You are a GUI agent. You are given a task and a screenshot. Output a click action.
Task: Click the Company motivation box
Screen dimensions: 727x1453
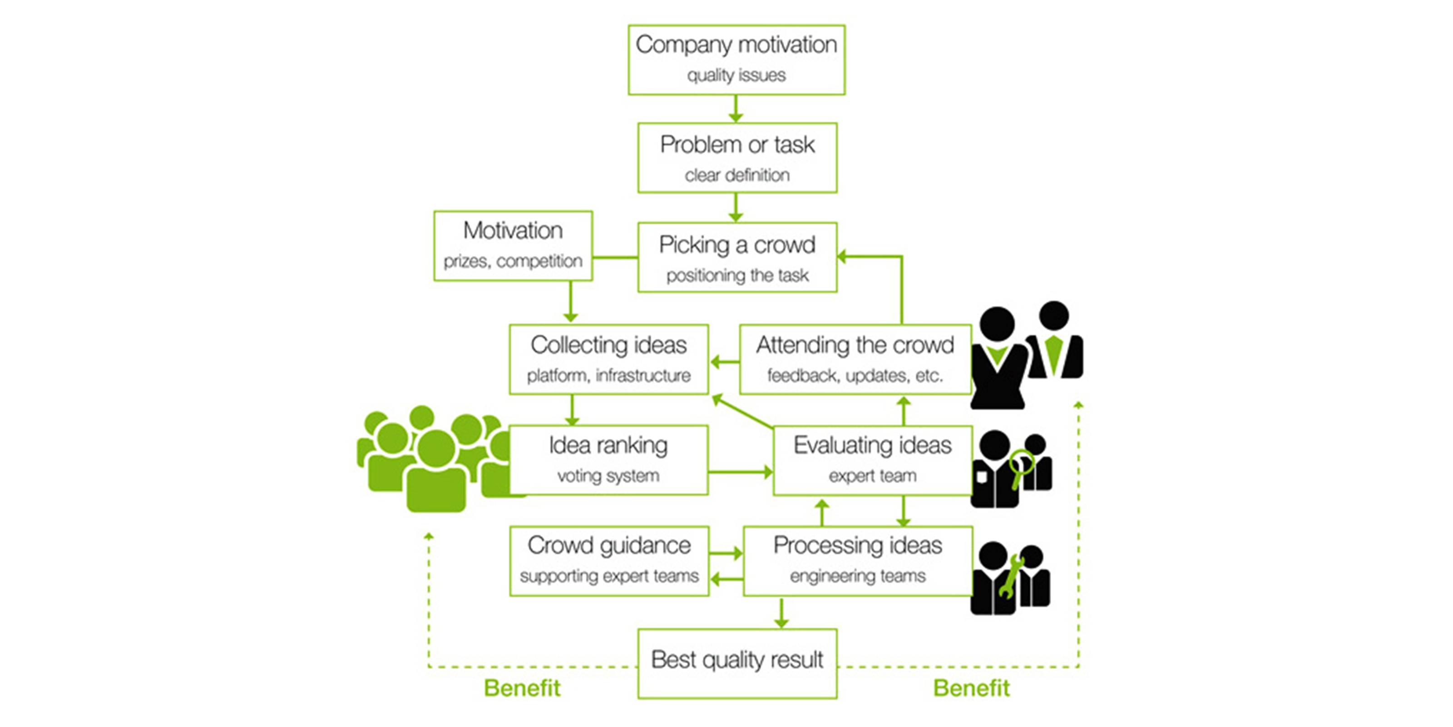[x=736, y=59]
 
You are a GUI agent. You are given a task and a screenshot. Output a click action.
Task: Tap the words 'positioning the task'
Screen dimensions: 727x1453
[x=737, y=275]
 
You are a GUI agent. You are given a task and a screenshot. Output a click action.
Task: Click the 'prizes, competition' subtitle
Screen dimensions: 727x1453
[x=513, y=261]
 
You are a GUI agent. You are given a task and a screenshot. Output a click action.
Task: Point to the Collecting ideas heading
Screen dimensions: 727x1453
[x=608, y=345]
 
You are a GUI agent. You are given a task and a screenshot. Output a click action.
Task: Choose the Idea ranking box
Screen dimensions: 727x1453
[x=608, y=460]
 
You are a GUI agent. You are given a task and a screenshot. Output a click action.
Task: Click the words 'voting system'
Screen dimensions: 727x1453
[x=608, y=476]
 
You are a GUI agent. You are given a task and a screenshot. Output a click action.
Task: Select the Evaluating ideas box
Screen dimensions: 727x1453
[x=872, y=460]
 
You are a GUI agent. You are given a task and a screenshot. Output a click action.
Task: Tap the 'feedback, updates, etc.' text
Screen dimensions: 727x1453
[x=855, y=375]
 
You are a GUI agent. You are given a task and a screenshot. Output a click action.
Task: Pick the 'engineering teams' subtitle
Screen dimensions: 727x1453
[x=857, y=576]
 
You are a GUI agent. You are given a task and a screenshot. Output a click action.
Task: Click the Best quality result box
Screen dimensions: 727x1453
[x=737, y=663]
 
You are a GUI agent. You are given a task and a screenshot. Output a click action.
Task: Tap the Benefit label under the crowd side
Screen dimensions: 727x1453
[x=522, y=688]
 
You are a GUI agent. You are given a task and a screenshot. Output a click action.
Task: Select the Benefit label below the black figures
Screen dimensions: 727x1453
[x=971, y=688]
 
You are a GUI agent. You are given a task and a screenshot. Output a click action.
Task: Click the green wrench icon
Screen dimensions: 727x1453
[x=1011, y=576]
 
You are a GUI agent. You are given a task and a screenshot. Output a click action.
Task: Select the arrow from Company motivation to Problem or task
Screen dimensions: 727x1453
[x=736, y=109]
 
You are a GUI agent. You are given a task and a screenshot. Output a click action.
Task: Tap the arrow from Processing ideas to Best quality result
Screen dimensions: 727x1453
[x=781, y=613]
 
